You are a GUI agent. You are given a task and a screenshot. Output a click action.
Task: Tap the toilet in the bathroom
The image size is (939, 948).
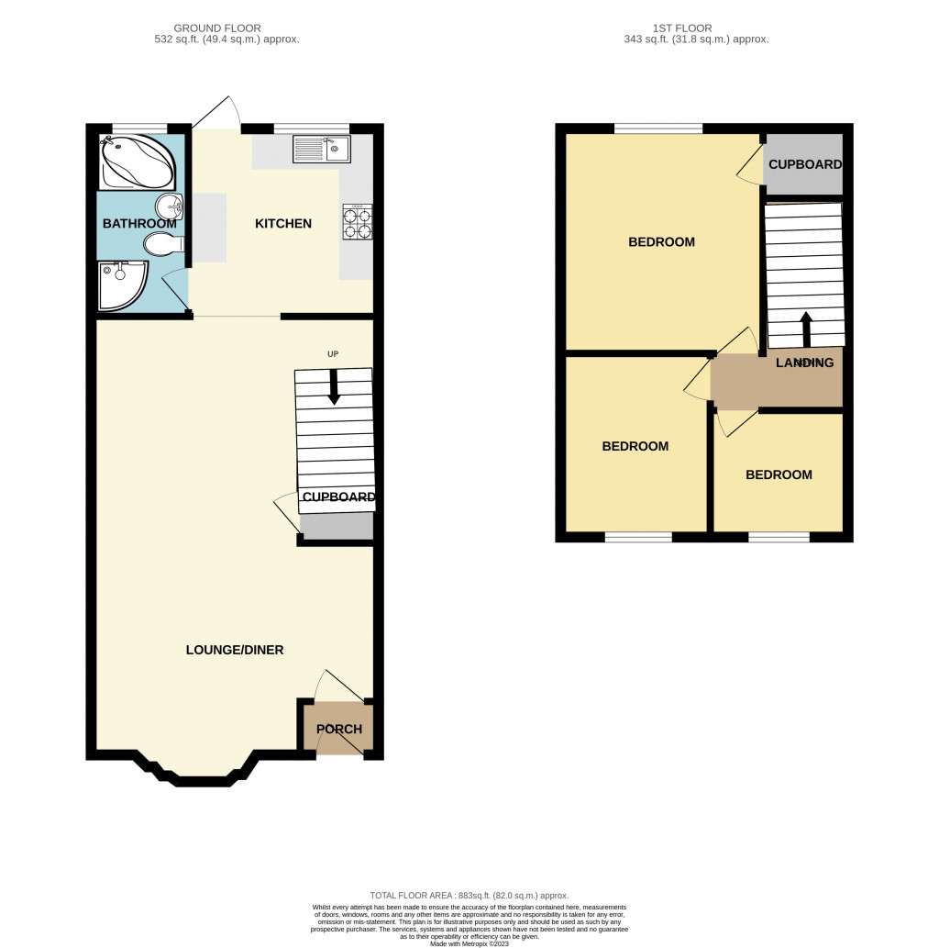click(x=160, y=243)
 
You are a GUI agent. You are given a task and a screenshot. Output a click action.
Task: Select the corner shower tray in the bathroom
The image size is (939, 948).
click(x=121, y=284)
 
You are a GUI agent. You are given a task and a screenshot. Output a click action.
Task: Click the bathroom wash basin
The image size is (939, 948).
click(x=170, y=207)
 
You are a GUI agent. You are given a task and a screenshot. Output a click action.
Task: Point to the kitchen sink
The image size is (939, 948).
click(x=321, y=149)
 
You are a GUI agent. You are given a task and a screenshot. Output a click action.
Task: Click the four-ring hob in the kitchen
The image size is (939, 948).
click(x=358, y=222)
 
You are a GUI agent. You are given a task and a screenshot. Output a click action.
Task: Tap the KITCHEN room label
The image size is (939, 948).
click(x=283, y=224)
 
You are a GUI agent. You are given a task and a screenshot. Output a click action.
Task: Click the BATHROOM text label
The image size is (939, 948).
click(x=139, y=224)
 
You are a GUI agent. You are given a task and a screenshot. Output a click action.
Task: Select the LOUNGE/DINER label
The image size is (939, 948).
click(x=235, y=650)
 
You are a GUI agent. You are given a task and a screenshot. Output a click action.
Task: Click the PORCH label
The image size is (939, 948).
click(x=339, y=730)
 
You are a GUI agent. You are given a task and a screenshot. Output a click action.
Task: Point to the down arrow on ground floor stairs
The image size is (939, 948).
click(x=334, y=387)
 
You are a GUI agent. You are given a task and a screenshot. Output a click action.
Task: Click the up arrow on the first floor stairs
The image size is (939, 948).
click(x=807, y=327)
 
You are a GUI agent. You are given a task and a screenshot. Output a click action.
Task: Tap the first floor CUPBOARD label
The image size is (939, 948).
click(x=805, y=165)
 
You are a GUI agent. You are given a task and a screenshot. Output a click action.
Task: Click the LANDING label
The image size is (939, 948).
click(x=805, y=362)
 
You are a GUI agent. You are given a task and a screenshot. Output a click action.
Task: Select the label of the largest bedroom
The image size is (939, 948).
click(x=661, y=242)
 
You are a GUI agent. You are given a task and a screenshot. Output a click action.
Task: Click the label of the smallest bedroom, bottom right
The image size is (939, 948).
click(x=779, y=475)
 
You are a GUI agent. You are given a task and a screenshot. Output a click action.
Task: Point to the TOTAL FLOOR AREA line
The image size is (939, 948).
click(x=469, y=896)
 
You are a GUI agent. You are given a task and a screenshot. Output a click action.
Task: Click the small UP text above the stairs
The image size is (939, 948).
click(x=333, y=353)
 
